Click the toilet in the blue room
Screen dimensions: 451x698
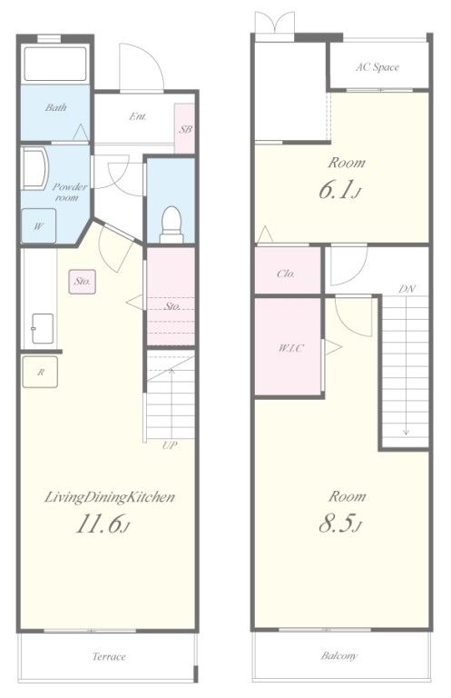point(172,224)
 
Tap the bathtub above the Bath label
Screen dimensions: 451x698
point(55,64)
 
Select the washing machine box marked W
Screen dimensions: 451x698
point(39,226)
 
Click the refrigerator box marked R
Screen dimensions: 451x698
point(40,372)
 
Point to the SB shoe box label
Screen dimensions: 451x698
point(185,130)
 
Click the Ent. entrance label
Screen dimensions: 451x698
point(138,116)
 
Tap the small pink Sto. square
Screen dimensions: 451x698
point(83,282)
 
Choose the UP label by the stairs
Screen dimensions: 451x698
point(170,444)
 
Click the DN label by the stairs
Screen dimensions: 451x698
point(407,289)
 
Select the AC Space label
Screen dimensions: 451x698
point(377,67)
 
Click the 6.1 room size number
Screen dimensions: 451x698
point(340,189)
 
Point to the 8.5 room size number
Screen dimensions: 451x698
point(340,523)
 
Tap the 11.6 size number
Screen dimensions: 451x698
point(103,523)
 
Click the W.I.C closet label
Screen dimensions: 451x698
point(291,348)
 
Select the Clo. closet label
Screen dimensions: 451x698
point(286,274)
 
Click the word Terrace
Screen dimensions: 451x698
point(109,656)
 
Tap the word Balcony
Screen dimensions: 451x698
point(339,655)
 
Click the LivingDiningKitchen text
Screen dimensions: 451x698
point(109,497)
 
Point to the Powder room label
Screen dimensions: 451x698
point(69,192)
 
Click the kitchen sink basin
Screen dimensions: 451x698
point(43,328)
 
